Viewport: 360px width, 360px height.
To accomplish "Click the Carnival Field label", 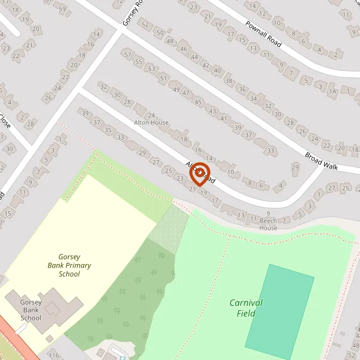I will pos(246,308).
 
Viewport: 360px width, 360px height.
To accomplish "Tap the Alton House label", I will pos(151,122).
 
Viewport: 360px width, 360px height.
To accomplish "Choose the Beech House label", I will pos(268,228).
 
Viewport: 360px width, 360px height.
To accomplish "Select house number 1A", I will pos(332,91).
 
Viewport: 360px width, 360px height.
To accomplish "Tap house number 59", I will pos(63,8).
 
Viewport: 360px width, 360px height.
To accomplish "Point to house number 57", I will pos(127,55).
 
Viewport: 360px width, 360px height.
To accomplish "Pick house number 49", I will pos(176,89).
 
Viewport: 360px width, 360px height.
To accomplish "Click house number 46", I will pos(184,49).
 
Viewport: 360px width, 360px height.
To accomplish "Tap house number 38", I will pos(229,80).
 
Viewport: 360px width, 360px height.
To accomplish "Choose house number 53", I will pos(151,68).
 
